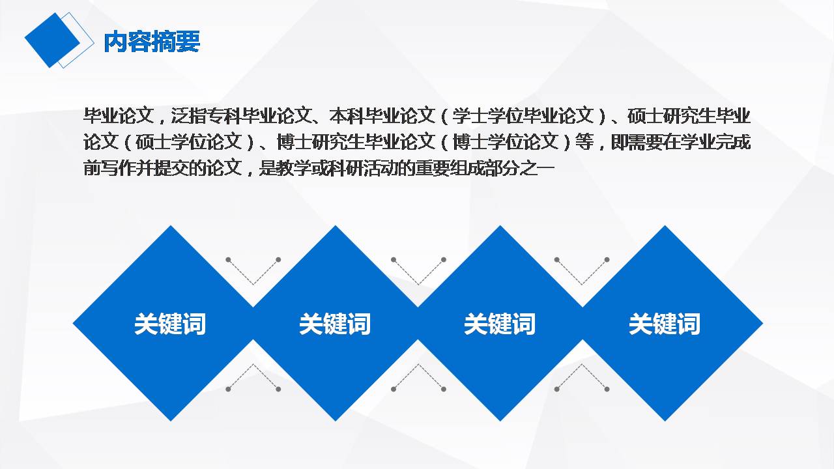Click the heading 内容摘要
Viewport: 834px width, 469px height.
[x=152, y=42]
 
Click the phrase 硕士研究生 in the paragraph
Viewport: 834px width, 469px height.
[x=671, y=117]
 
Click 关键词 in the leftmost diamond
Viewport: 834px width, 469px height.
[x=170, y=324]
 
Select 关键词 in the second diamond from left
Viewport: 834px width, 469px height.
[x=335, y=324]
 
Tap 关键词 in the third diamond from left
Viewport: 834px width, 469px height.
[x=500, y=324]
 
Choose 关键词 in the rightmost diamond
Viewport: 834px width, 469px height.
[x=665, y=324]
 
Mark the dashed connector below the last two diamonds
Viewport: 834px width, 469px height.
[x=582, y=377]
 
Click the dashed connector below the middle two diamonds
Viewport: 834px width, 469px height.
[x=418, y=377]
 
